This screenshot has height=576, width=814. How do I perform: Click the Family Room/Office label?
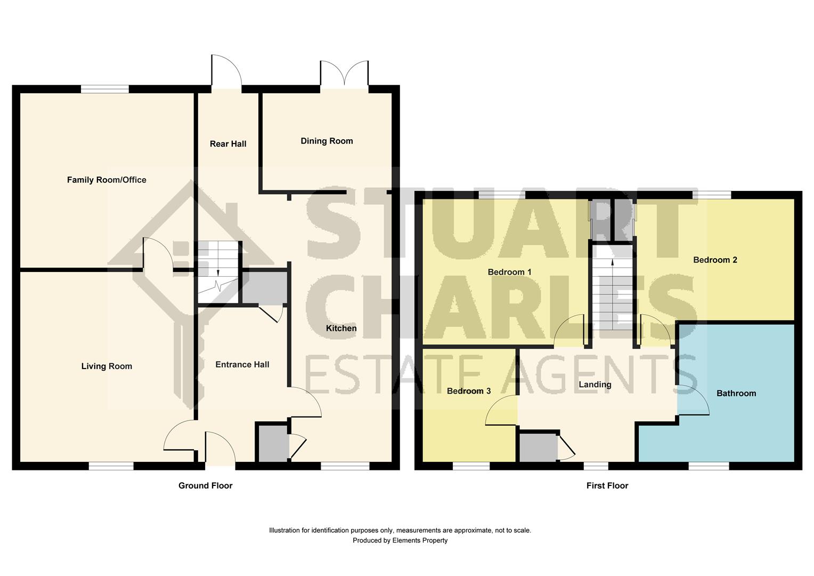(x=107, y=180)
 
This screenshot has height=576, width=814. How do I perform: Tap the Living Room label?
(x=107, y=366)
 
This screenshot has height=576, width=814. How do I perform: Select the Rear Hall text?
(x=228, y=143)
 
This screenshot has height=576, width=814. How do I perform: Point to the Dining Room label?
(x=327, y=141)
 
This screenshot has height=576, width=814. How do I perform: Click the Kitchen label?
(x=341, y=328)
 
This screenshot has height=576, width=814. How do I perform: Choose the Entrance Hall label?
(x=242, y=364)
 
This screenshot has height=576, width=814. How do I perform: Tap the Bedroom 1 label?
(x=509, y=272)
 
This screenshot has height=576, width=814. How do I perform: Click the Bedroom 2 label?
(x=715, y=260)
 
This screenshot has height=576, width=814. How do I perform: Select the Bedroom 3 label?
(x=469, y=391)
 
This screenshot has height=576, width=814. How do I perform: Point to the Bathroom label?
(x=736, y=393)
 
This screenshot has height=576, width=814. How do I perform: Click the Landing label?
(x=595, y=385)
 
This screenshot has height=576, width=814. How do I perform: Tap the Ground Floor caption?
(x=205, y=485)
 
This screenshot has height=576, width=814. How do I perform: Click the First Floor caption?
(x=607, y=485)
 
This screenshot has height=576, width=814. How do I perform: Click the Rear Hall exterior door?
(x=226, y=73)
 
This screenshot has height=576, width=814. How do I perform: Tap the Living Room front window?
(x=111, y=466)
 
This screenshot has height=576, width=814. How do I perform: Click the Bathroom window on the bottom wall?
(x=709, y=466)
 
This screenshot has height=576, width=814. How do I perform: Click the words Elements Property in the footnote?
(x=420, y=540)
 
